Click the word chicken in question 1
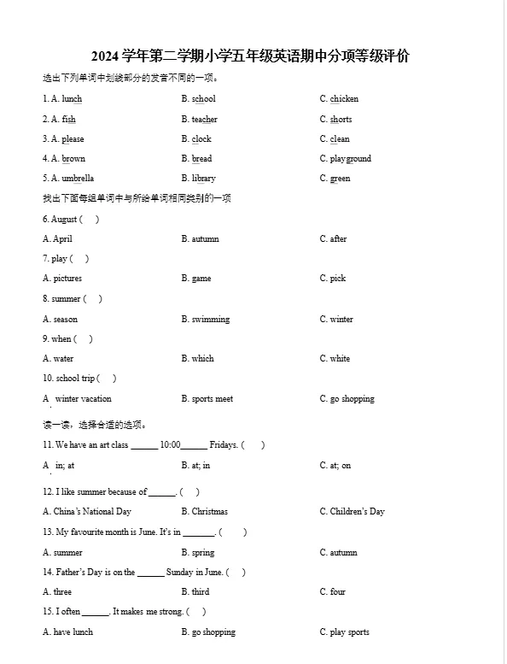tap(344, 99)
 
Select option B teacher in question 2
tap(204, 120)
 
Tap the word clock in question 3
tap(201, 139)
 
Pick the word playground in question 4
tap(351, 159)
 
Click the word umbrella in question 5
tap(78, 179)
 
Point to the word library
tap(203, 179)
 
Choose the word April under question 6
tap(62, 239)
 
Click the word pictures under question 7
tap(67, 279)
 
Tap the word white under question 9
tap(340, 359)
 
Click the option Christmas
tap(209, 512)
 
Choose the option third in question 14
tap(201, 592)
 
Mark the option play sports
tap(349, 632)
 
